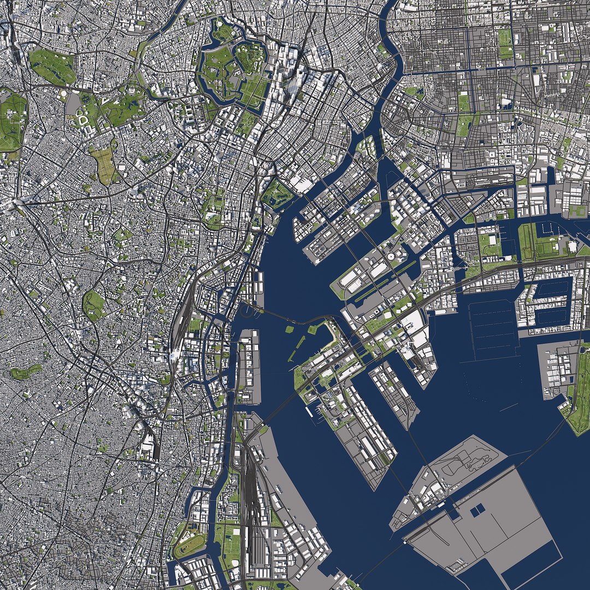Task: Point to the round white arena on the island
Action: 391,256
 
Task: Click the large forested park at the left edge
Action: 12,120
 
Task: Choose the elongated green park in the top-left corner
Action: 53,67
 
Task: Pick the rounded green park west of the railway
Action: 93,305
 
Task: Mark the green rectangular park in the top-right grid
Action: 504,43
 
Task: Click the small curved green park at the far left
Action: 25,372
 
